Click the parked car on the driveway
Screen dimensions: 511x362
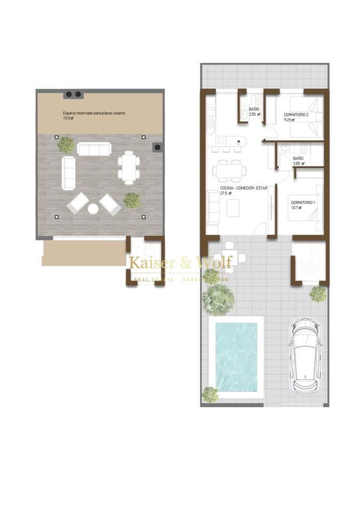pyautogui.click(x=305, y=353)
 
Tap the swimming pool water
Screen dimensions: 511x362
pyautogui.click(x=236, y=357)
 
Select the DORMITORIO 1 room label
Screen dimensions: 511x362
pyautogui.click(x=303, y=202)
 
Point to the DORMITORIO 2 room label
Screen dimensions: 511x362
pyautogui.click(x=296, y=114)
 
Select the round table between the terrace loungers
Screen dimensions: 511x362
pyautogui.click(x=93, y=209)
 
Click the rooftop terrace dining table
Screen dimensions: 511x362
pyautogui.click(x=128, y=167)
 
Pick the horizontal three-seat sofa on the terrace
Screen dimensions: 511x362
pyautogui.click(x=94, y=149)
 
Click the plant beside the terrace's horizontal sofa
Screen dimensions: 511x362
pyautogui.click(x=66, y=145)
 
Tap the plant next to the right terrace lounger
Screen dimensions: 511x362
pyautogui.click(x=132, y=201)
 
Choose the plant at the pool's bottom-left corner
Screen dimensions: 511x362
pyautogui.click(x=210, y=394)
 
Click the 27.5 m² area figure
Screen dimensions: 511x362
pyautogui.click(x=226, y=194)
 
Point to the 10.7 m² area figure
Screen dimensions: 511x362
pyautogui.click(x=296, y=208)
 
